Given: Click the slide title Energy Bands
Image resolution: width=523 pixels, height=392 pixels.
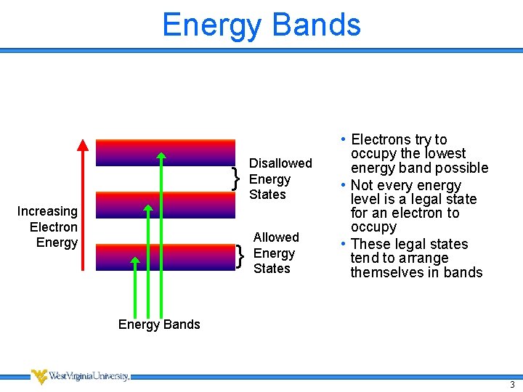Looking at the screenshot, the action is point(261,25).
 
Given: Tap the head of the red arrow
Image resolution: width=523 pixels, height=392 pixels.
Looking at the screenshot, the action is point(83,143).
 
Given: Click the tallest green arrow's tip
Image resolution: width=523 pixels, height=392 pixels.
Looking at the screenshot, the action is point(161,155).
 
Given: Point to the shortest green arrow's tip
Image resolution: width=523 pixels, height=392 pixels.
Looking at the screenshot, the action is point(135,259).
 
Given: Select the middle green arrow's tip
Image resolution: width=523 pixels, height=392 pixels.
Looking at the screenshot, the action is point(148,208).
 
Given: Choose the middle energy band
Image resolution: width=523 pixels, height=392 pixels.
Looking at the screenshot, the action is point(166,205).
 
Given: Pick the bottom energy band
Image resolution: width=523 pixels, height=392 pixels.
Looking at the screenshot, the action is point(166,257).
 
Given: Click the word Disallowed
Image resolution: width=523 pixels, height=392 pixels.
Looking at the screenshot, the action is point(280,163).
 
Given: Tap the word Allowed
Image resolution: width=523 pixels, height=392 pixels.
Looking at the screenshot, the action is point(276,237).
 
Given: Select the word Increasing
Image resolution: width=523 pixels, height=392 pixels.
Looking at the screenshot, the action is point(47,211).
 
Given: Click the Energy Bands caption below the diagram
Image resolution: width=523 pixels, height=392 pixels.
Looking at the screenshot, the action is point(159,324).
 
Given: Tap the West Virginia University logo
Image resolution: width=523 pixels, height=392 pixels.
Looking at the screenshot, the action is point(80,376).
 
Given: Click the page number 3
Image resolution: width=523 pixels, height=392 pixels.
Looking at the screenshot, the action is point(512,385).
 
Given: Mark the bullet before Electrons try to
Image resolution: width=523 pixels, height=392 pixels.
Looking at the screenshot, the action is point(341,139).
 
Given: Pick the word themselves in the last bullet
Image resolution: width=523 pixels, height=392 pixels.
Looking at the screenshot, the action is point(382,272).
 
